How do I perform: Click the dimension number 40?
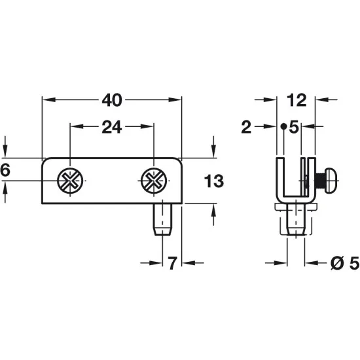point(111,100)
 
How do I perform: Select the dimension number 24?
point(111,127)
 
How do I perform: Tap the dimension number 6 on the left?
point(5,170)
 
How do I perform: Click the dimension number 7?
point(172,264)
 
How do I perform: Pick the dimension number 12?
point(296,100)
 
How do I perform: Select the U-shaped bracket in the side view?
point(293,180)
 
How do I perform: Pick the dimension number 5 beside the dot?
point(294,128)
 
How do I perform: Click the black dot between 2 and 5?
point(282,127)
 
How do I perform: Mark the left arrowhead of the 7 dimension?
point(156,264)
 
